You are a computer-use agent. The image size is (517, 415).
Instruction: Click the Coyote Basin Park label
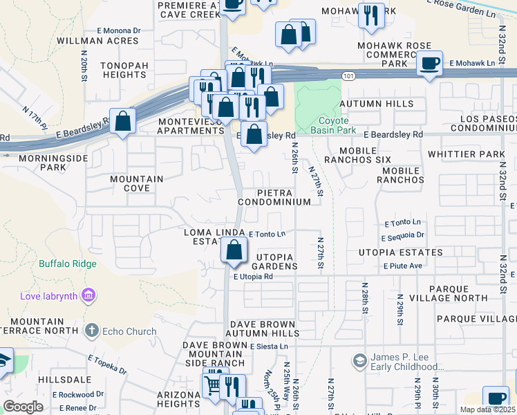332,124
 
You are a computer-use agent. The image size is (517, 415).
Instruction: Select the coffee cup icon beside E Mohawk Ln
430,64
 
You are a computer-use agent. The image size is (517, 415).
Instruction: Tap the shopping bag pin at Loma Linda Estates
234,250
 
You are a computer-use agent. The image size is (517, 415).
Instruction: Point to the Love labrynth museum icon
88,297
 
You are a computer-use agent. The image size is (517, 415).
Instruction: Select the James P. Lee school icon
359,360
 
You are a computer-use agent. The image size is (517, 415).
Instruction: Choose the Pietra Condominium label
274,196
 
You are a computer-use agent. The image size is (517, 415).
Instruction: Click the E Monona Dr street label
118,31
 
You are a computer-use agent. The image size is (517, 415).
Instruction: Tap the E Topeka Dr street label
107,364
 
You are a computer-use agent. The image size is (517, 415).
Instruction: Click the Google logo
23,407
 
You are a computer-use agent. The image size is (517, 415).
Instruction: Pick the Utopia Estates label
400,252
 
